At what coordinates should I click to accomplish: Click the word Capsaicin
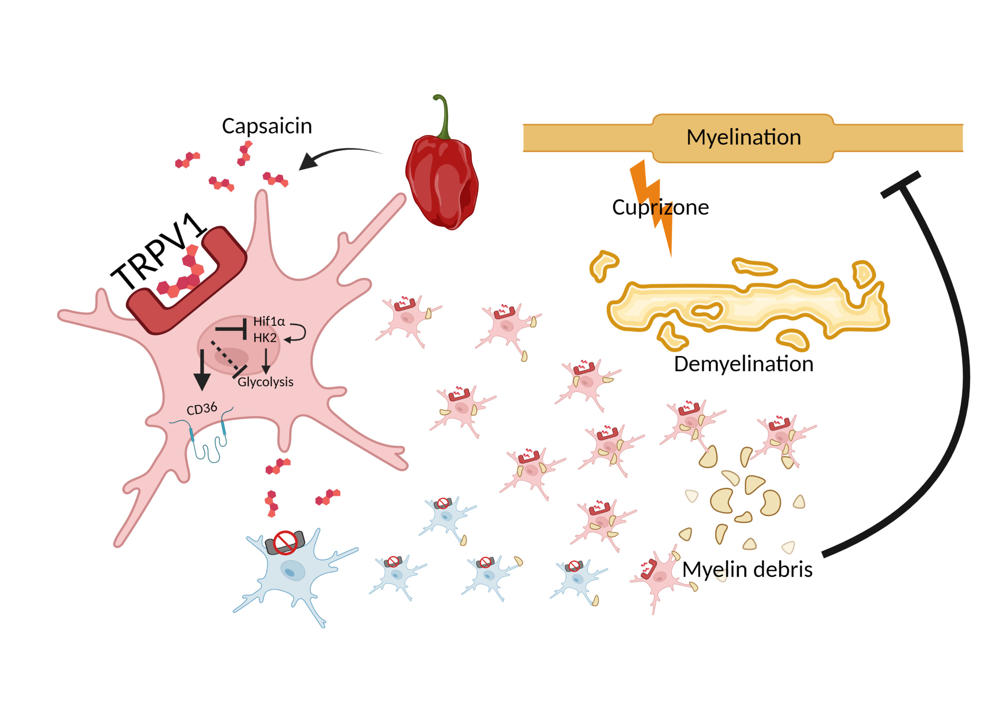click(x=267, y=126)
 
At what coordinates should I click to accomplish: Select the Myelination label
click(x=743, y=137)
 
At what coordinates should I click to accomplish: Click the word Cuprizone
click(x=660, y=207)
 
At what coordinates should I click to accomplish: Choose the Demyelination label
click(x=743, y=364)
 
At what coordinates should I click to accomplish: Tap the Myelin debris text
click(x=747, y=570)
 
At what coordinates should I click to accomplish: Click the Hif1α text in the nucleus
click(x=269, y=321)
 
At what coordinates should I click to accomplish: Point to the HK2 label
click(x=265, y=338)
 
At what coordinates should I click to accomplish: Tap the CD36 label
click(x=202, y=409)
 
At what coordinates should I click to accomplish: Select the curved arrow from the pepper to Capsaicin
click(x=338, y=154)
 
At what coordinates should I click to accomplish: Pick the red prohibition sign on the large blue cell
click(x=285, y=542)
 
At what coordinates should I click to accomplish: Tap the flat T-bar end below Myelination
click(x=900, y=184)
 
